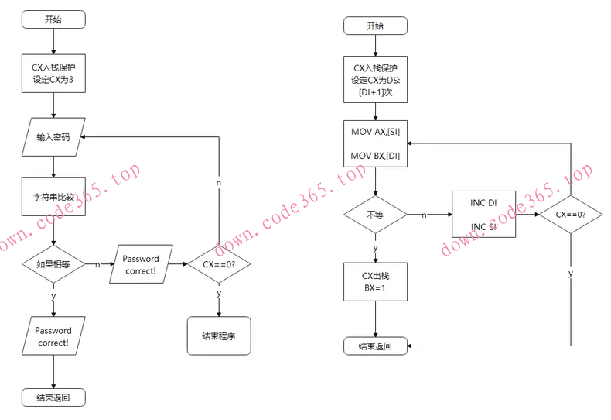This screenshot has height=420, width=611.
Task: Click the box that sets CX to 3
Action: pos(53,74)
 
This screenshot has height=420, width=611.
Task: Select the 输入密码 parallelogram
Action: pos(53,137)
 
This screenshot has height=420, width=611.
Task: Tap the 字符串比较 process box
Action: pos(53,197)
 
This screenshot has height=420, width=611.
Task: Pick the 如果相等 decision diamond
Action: pos(53,263)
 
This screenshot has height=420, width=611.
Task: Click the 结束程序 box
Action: pos(219,336)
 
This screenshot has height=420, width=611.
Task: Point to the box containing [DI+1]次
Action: pos(375,80)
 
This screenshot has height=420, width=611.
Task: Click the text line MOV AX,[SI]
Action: pos(375,133)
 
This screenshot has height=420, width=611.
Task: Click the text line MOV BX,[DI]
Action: pos(375,156)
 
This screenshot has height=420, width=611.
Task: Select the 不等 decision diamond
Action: pos(375,214)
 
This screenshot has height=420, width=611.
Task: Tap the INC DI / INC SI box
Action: pos(483,214)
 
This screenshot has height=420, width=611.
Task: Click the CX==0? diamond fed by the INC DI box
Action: pos(571,214)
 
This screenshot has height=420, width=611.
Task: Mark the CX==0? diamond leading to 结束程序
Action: pos(219,263)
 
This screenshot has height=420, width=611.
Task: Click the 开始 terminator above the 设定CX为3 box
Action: pos(53,20)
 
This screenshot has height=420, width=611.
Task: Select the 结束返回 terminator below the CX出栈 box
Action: pos(375,346)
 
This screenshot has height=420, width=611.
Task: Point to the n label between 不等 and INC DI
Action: pos(425,215)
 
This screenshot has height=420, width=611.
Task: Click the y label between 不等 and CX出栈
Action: pos(375,248)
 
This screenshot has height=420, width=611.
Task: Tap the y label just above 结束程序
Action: pos(219,294)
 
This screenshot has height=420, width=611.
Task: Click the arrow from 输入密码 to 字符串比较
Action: pos(53,166)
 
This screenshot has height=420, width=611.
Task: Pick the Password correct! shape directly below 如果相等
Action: pos(53,336)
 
